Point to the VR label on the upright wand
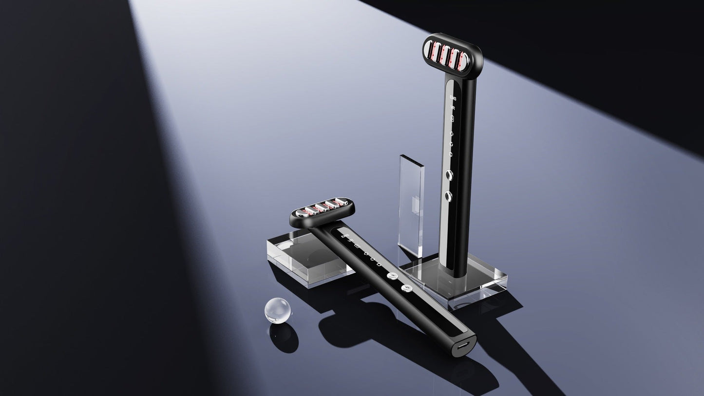point(453,108)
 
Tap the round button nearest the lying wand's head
point(391,276)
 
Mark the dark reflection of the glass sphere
point(284,339)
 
